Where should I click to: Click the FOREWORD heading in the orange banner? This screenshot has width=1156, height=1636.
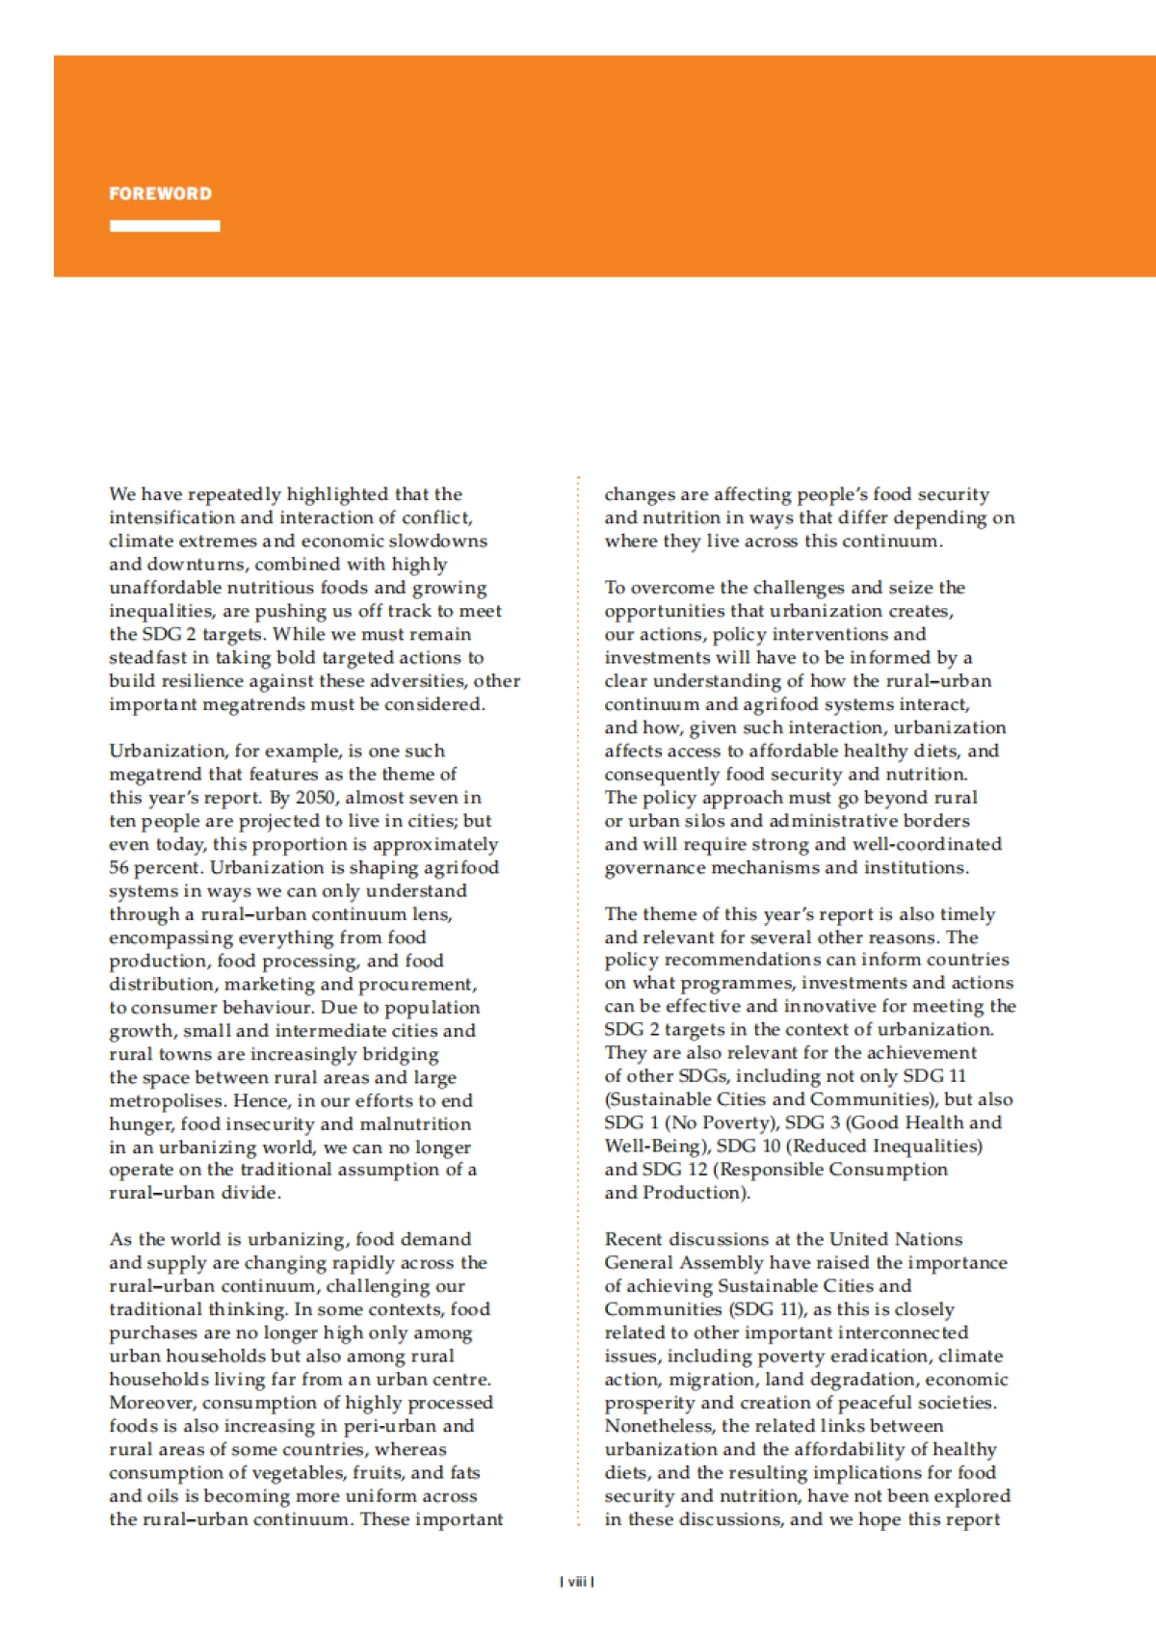160,194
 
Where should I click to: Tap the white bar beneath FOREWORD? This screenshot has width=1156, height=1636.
165,226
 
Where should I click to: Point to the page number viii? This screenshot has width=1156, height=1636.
577,1581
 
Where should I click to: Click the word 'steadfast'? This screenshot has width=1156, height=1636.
148,658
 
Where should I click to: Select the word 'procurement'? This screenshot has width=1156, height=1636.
416,985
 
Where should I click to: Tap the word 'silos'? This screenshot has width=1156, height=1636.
706,821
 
